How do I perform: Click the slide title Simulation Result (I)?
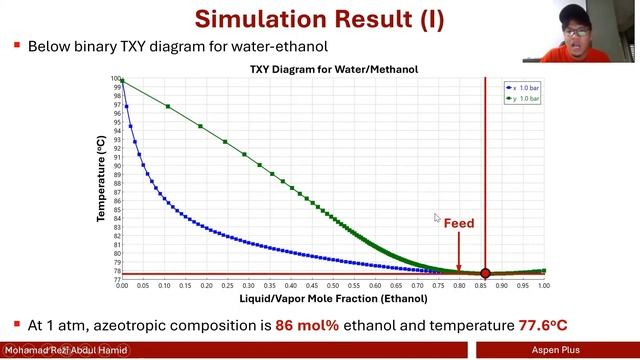tap(319, 18)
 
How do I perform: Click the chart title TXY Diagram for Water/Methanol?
tap(333, 69)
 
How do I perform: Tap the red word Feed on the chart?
tap(459, 223)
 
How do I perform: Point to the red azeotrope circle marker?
tap(486, 273)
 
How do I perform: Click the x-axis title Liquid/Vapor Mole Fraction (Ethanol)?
tap(333, 298)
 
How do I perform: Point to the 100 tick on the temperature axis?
tap(115, 79)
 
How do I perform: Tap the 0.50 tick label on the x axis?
tap(333, 286)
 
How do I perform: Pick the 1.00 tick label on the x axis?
tap(544, 286)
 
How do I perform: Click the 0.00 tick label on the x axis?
tap(122, 286)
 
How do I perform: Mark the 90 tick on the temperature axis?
tap(116, 166)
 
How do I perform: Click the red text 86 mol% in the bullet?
tap(291, 326)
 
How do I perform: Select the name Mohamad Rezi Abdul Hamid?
tap(65, 351)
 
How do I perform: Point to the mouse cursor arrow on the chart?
tap(437, 218)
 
